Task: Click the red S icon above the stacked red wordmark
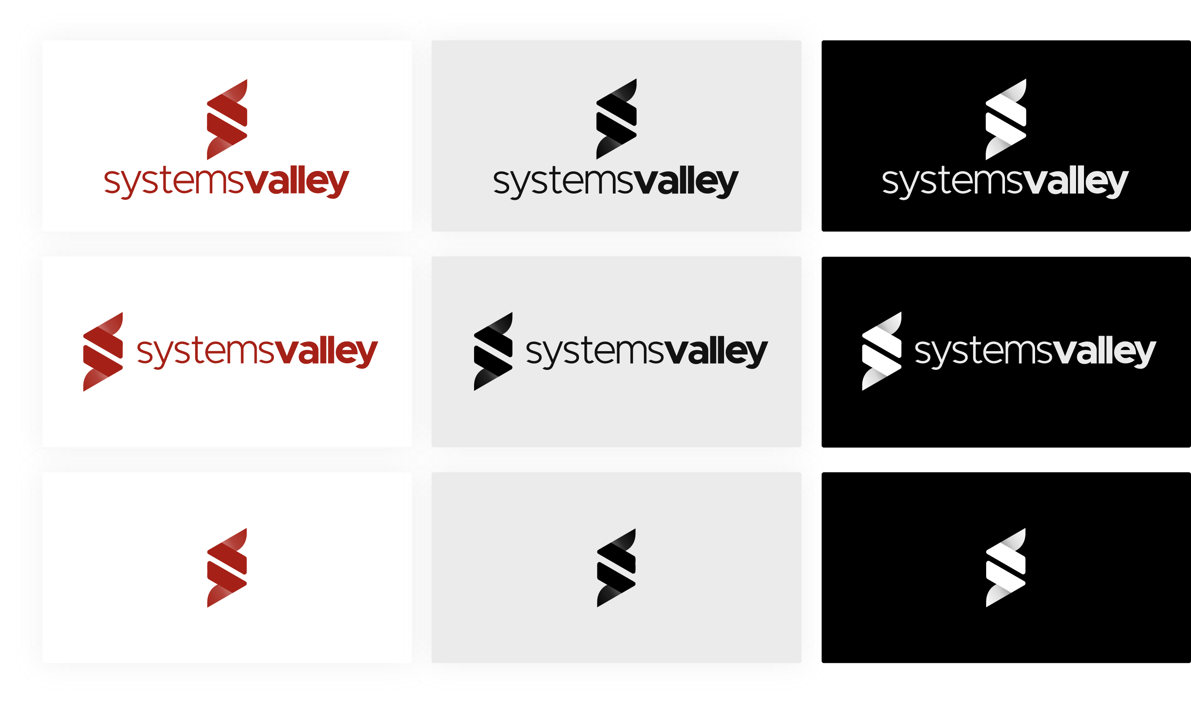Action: [x=227, y=119]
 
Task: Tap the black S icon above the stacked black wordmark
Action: [x=616, y=119]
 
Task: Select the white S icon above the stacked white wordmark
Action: [x=1006, y=119]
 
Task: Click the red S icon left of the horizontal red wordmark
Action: [x=103, y=351]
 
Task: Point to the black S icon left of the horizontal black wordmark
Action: [x=493, y=351]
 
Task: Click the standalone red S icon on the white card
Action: [x=227, y=568]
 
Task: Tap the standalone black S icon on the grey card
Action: [x=616, y=568]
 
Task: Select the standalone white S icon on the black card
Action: [x=1006, y=568]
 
